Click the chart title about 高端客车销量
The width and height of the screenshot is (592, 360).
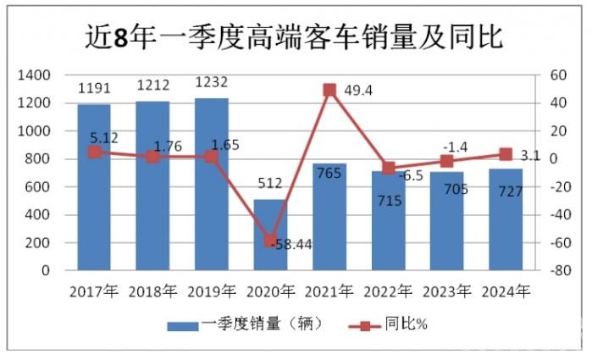click(x=296, y=36)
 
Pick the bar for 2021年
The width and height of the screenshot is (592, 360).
click(x=329, y=217)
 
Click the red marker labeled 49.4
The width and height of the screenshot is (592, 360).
click(x=329, y=90)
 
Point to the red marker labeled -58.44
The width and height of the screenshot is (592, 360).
click(x=270, y=241)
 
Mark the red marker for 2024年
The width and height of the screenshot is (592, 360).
click(x=506, y=154)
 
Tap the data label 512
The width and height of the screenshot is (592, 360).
click(x=270, y=184)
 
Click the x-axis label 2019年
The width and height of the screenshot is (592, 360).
click(x=211, y=292)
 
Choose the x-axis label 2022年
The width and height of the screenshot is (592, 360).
click(x=388, y=292)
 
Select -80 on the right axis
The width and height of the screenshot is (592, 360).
click(x=554, y=271)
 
